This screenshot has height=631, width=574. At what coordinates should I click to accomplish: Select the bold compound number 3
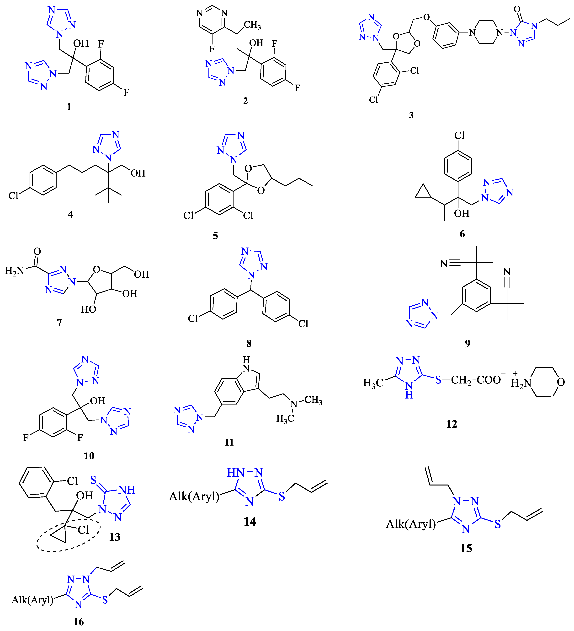pos(411,115)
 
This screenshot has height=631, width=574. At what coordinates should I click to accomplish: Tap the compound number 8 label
pos(249,343)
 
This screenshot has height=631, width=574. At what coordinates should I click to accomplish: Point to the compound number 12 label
pos(451,424)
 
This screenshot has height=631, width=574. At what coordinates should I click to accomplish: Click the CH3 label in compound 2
pos(252,25)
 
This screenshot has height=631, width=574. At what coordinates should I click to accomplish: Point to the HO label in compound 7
pos(89,309)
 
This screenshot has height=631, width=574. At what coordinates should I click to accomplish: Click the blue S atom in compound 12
pos(438,380)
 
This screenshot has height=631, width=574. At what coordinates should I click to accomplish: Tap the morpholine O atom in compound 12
pos(561,382)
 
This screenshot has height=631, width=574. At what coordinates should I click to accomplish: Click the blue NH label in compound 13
pos(127,490)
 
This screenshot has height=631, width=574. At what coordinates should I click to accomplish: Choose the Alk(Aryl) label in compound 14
pos(194,496)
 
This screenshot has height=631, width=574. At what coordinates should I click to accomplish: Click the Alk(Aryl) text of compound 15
pos(411,524)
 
